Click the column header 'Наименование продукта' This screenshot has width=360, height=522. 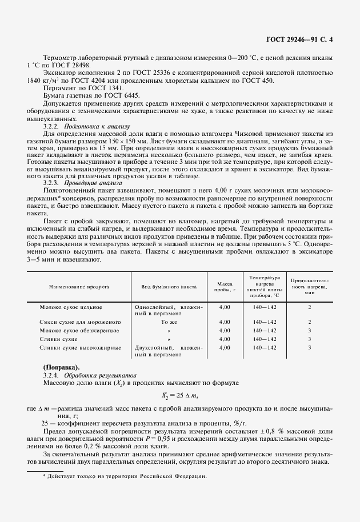pos(75,288)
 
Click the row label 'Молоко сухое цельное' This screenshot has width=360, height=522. pos(70,307)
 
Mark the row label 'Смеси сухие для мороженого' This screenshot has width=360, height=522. pos(79,322)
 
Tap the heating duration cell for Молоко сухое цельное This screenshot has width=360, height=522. pos(309,307)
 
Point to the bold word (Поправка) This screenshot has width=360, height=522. pos(62,366)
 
